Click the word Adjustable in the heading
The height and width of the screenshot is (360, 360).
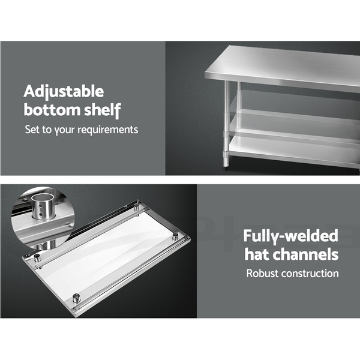pos(64,92)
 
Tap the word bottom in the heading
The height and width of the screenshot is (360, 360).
pos(52,110)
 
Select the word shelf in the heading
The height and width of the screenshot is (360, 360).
pos(103,110)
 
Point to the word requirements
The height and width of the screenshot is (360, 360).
pos(107,130)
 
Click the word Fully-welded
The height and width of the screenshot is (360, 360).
pos(290,236)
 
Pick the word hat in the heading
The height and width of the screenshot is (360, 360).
pos(256,254)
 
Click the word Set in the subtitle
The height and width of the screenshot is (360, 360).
pos(32,130)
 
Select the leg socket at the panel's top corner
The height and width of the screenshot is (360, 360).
pos(136,206)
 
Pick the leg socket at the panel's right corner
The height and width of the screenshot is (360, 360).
pos(175,236)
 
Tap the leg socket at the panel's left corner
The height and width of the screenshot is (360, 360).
pos(37,258)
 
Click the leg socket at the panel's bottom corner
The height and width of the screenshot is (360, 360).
pos(76,298)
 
